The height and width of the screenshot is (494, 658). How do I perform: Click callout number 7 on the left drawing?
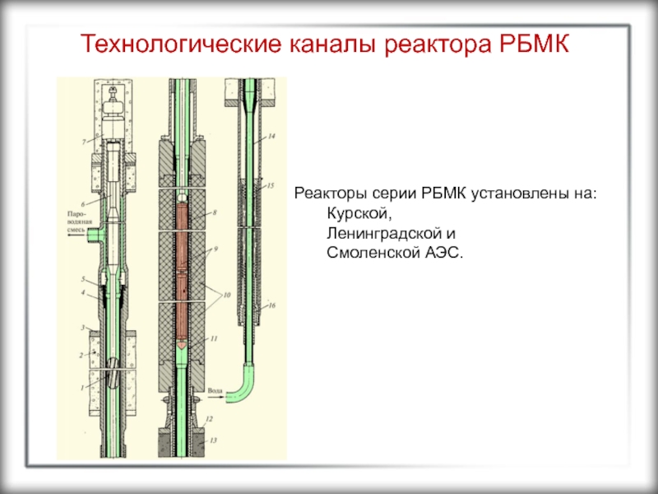[83, 142]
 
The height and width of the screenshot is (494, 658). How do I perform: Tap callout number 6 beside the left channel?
[83, 203]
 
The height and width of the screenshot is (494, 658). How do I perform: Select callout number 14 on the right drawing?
[272, 134]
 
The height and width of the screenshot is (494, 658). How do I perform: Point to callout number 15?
[272, 187]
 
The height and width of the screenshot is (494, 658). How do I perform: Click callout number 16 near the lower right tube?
[272, 305]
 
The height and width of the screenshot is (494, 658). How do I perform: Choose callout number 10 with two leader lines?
[227, 294]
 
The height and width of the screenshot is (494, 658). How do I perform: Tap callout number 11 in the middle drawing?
[213, 338]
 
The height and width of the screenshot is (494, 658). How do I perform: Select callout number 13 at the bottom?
[213, 441]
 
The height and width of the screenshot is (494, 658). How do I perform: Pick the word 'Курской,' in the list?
[352, 212]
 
